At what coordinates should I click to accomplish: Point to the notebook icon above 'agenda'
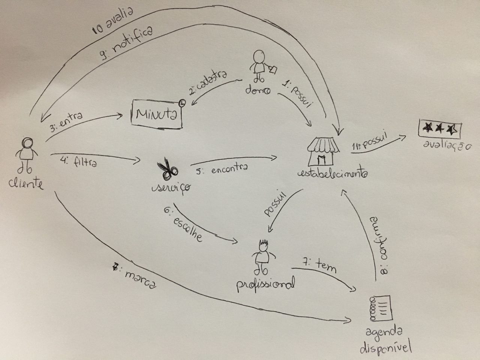click(380, 307)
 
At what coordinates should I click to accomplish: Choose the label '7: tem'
click(319, 266)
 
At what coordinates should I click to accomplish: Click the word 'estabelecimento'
click(332, 174)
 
